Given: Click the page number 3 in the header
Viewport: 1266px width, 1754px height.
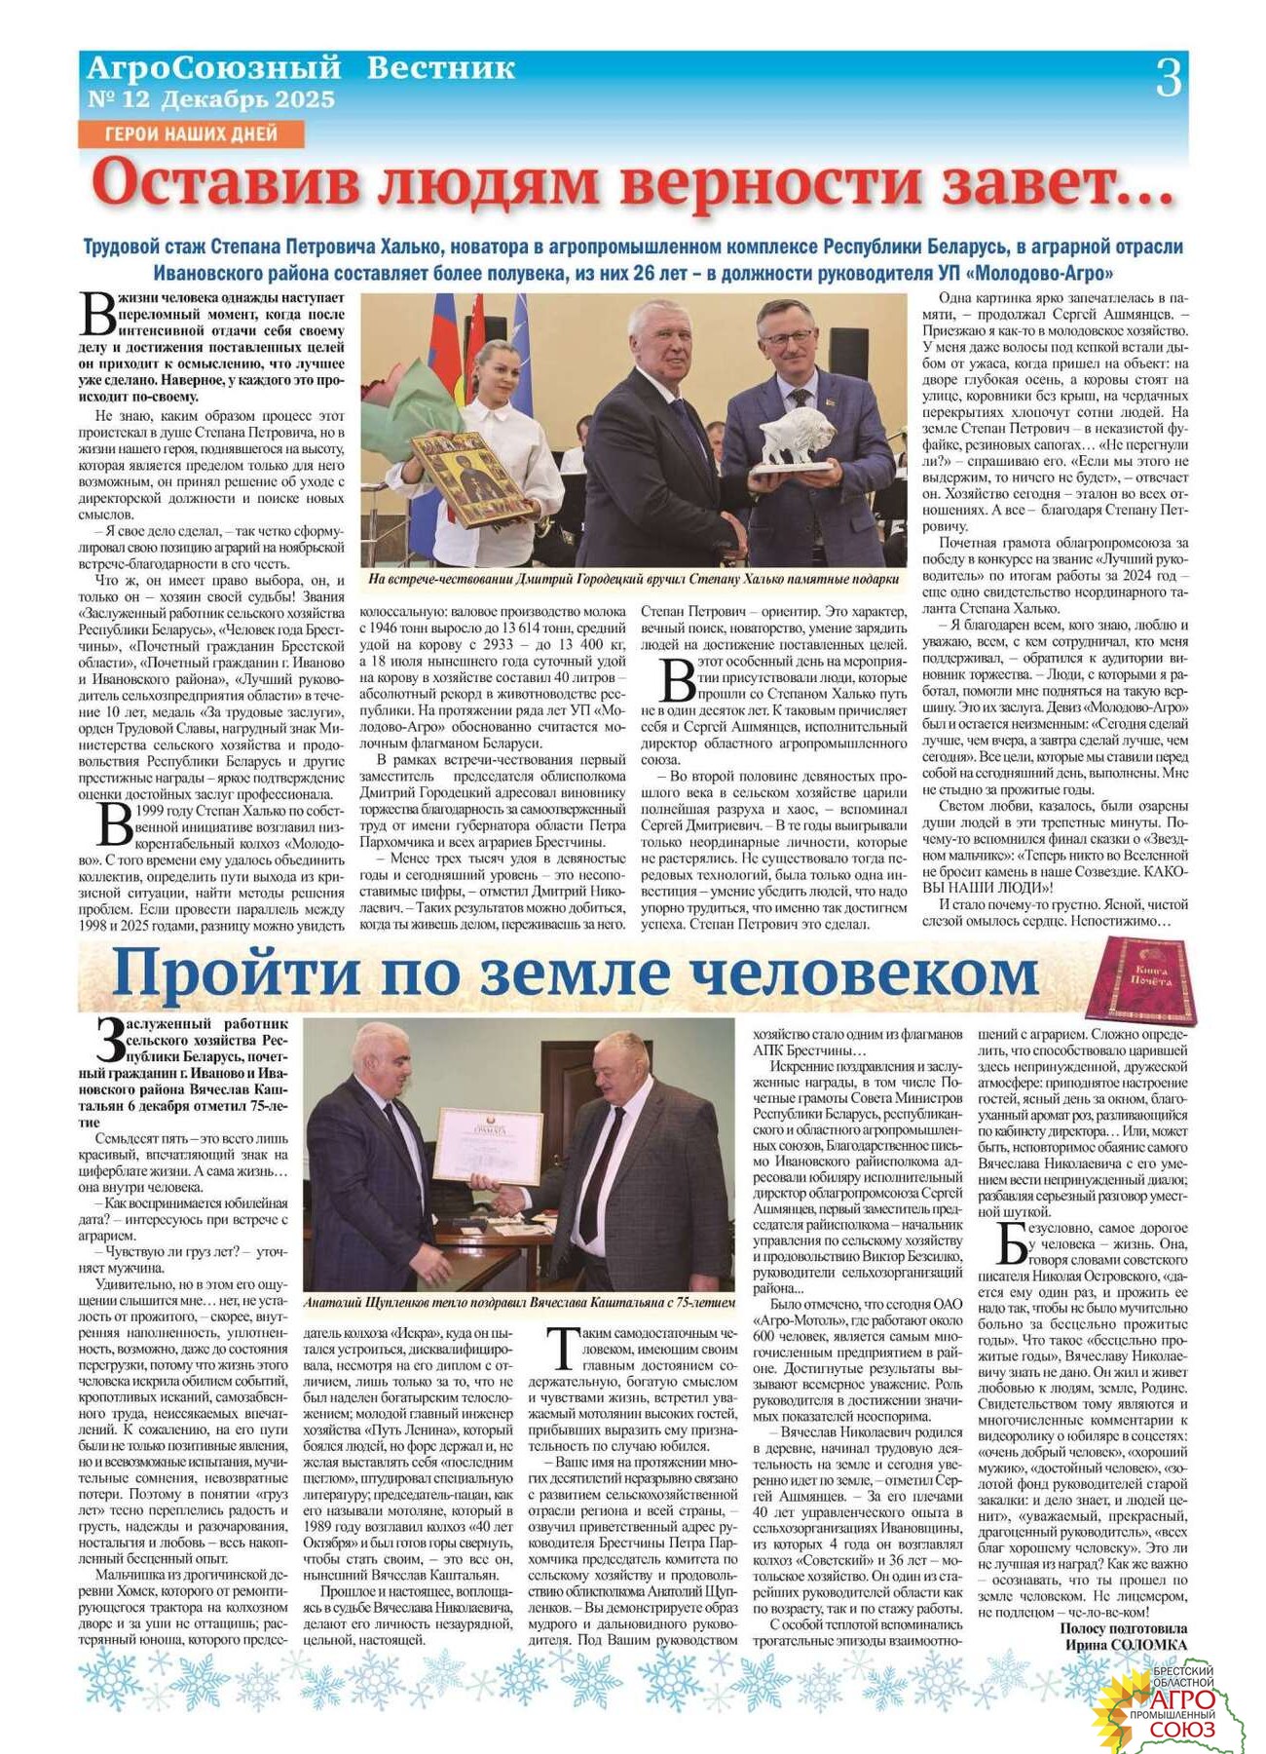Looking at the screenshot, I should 1168,78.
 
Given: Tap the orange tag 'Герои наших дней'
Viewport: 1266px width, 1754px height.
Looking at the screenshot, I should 191,133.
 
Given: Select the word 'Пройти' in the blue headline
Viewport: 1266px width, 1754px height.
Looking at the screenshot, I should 236,973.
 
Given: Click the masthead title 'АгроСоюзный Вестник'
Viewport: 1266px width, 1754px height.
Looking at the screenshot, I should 301,68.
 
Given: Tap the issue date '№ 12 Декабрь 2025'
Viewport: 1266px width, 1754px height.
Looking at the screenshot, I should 211,99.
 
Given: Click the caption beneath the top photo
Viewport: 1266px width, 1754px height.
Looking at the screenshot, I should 633,579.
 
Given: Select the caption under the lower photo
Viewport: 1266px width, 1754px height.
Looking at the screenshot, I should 519,1302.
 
